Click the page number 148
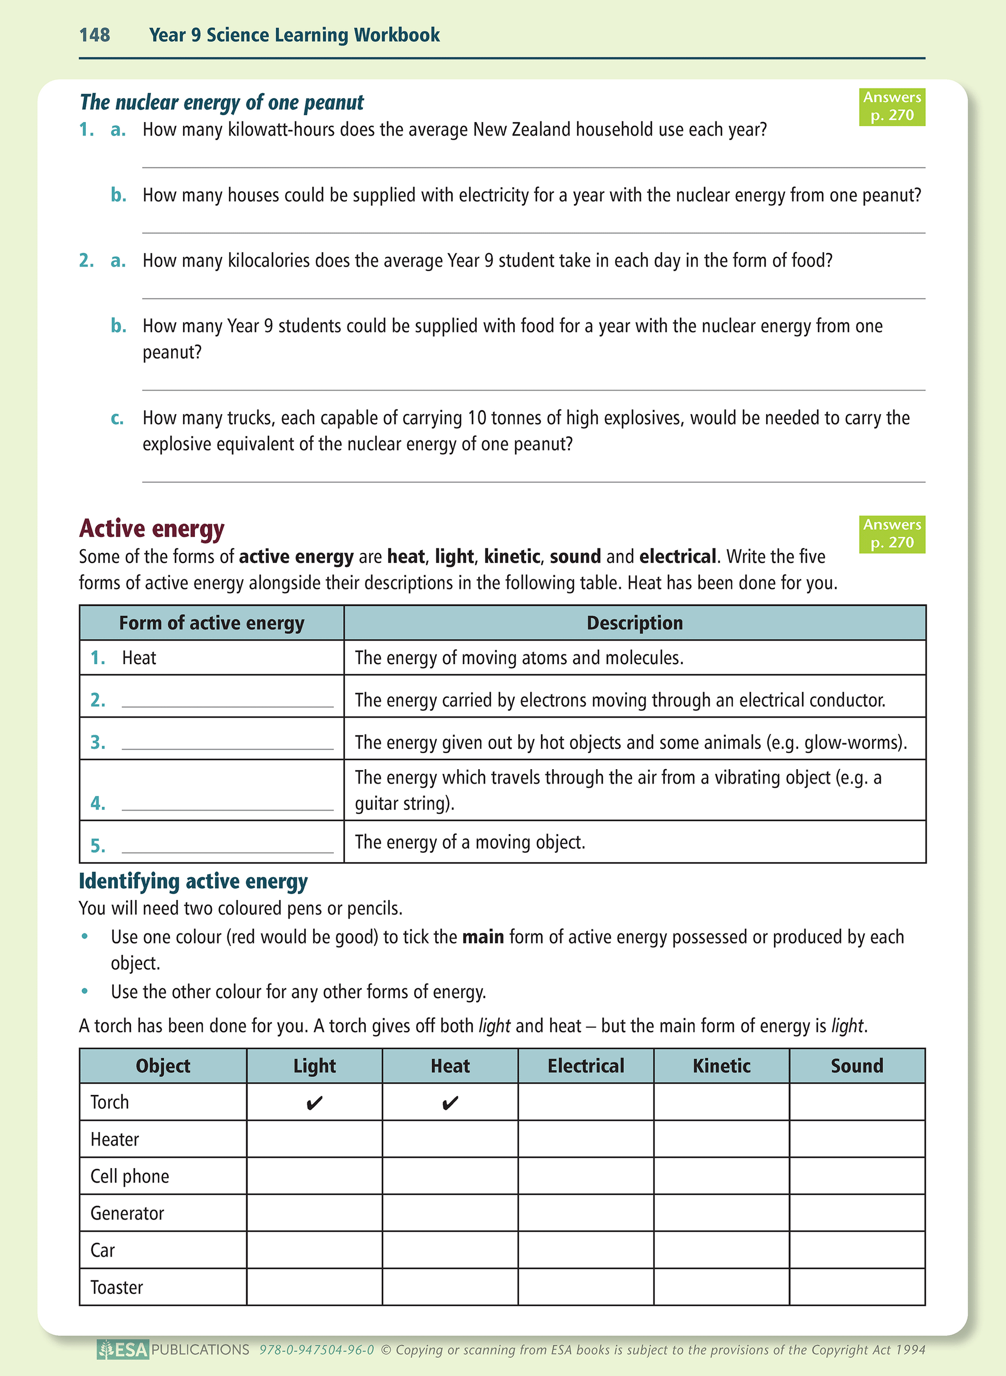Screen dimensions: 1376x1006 tap(95, 35)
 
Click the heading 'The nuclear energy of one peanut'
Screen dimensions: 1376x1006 tap(222, 102)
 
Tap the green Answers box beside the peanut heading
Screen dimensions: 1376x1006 tap(892, 106)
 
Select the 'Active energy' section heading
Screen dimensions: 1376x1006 tap(151, 528)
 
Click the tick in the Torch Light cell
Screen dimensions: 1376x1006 tap(314, 1103)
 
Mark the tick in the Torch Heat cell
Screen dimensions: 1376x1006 tap(450, 1103)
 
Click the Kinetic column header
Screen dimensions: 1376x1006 tap(722, 1065)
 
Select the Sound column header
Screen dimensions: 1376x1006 tap(857, 1065)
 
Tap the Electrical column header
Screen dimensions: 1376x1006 tap(586, 1065)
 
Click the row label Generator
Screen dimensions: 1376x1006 tap(127, 1214)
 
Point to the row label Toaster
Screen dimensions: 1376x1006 tap(117, 1287)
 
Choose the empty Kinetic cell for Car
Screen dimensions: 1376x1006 tap(722, 1250)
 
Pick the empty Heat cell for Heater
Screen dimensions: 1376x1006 tap(450, 1139)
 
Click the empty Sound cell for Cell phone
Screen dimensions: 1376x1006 tap(857, 1176)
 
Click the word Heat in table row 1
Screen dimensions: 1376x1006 tap(139, 658)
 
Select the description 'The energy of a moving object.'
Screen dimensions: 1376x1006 tap(470, 842)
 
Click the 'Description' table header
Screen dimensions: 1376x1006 tap(634, 623)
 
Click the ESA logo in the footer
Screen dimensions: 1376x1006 tap(123, 1350)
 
